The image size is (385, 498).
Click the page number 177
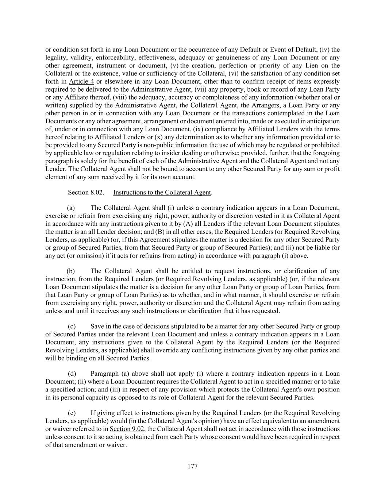[192, 466]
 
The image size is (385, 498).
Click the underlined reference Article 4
[81, 81]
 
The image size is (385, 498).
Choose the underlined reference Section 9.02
[127, 429]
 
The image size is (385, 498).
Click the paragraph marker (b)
[71, 271]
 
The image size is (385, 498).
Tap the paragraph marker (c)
[72, 327]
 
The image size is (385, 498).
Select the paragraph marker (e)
[72, 413]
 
